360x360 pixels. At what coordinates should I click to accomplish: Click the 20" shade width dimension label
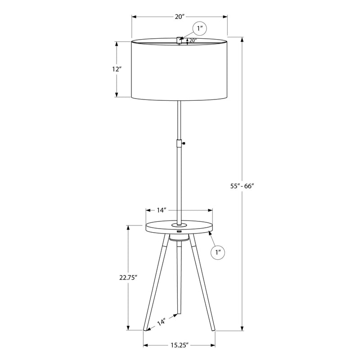(180, 17)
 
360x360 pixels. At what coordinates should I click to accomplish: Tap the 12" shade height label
(117, 69)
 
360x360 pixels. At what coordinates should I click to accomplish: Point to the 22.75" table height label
(128, 278)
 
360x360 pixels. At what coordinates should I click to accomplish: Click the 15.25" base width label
(180, 345)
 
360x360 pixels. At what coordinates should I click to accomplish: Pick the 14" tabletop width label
(162, 210)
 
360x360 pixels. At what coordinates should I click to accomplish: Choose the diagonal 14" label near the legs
(161, 322)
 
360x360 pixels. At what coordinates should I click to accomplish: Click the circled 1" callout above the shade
(200, 28)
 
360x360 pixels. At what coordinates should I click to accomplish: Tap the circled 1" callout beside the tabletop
(218, 252)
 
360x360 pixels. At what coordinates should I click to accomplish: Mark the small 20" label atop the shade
(193, 40)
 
